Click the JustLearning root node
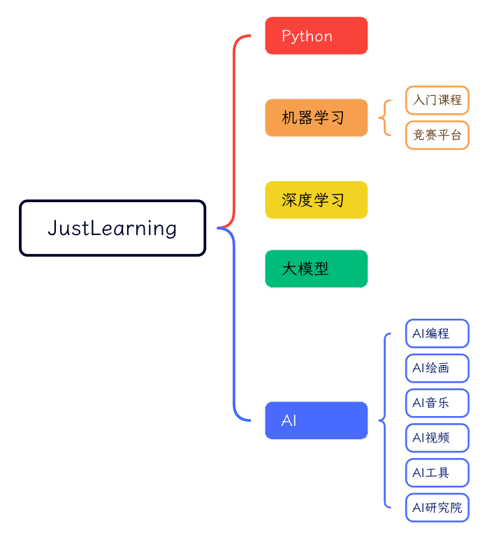point(112,228)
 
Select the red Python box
point(316,36)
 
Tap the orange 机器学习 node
point(316,117)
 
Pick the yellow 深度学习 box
point(316,200)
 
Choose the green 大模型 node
point(316,269)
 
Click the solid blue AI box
point(316,420)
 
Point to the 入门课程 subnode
point(437,100)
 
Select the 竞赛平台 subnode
point(437,135)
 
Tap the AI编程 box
point(437,334)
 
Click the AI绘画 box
point(437,369)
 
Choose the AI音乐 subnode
point(437,403)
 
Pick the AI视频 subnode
point(437,438)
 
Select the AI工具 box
point(437,473)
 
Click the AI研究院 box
point(437,508)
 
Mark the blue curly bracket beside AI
point(384,420)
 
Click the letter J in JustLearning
point(52,228)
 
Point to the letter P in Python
point(286,36)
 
